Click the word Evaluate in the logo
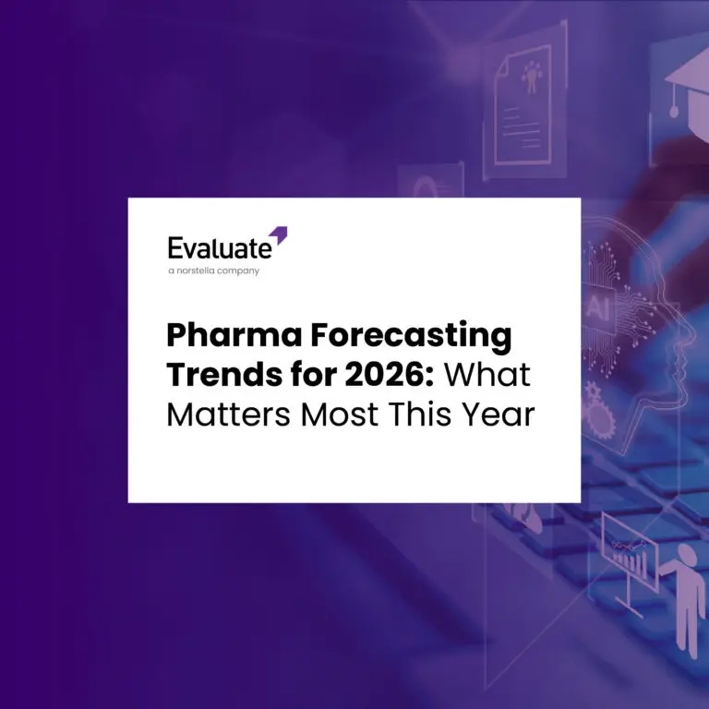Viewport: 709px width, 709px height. tap(220, 247)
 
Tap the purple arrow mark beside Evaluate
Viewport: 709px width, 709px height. tap(279, 235)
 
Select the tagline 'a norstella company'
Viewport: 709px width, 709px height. tap(213, 270)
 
